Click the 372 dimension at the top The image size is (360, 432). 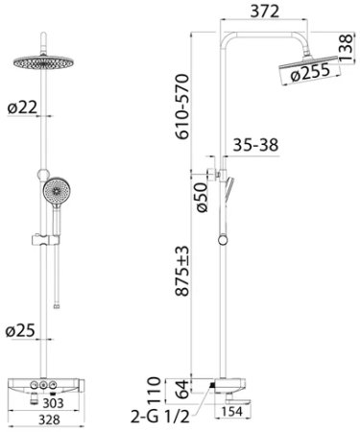pyautogui.click(x=264, y=12)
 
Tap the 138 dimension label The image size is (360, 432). pyautogui.click(x=346, y=48)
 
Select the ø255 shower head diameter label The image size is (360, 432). pyautogui.click(x=310, y=73)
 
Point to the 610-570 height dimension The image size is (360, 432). pyautogui.click(x=182, y=107)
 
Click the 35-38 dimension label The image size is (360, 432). pyautogui.click(x=255, y=145)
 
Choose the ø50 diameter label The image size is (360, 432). pyautogui.click(x=202, y=197)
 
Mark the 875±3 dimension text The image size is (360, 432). pyautogui.click(x=182, y=271)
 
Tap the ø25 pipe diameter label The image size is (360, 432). pyautogui.click(x=20, y=330)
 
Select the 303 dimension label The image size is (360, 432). pyautogui.click(x=54, y=403)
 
